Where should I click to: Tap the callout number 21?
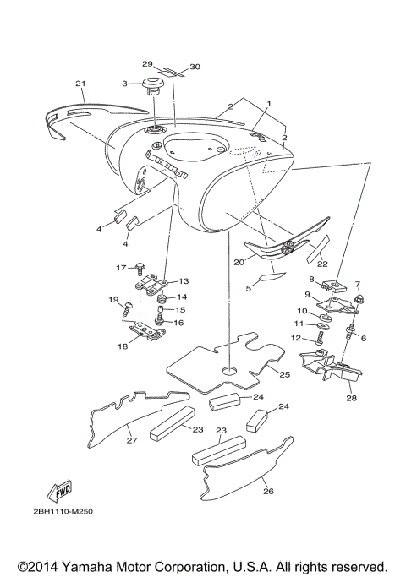(x=81, y=84)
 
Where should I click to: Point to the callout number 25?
(x=284, y=373)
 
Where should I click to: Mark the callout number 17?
(x=120, y=267)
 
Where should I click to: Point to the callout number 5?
(x=249, y=288)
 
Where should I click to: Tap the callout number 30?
(x=195, y=66)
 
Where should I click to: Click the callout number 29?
(x=146, y=64)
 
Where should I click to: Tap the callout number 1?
(x=269, y=104)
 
